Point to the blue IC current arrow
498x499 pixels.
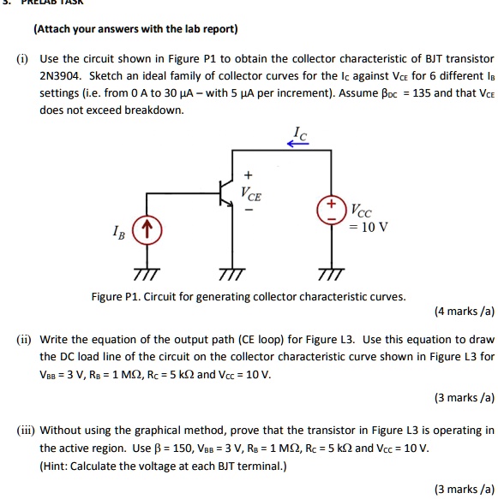297,144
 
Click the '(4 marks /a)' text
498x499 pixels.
465,312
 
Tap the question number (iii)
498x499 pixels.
26,430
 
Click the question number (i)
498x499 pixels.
22,59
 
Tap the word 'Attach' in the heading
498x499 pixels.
55,29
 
